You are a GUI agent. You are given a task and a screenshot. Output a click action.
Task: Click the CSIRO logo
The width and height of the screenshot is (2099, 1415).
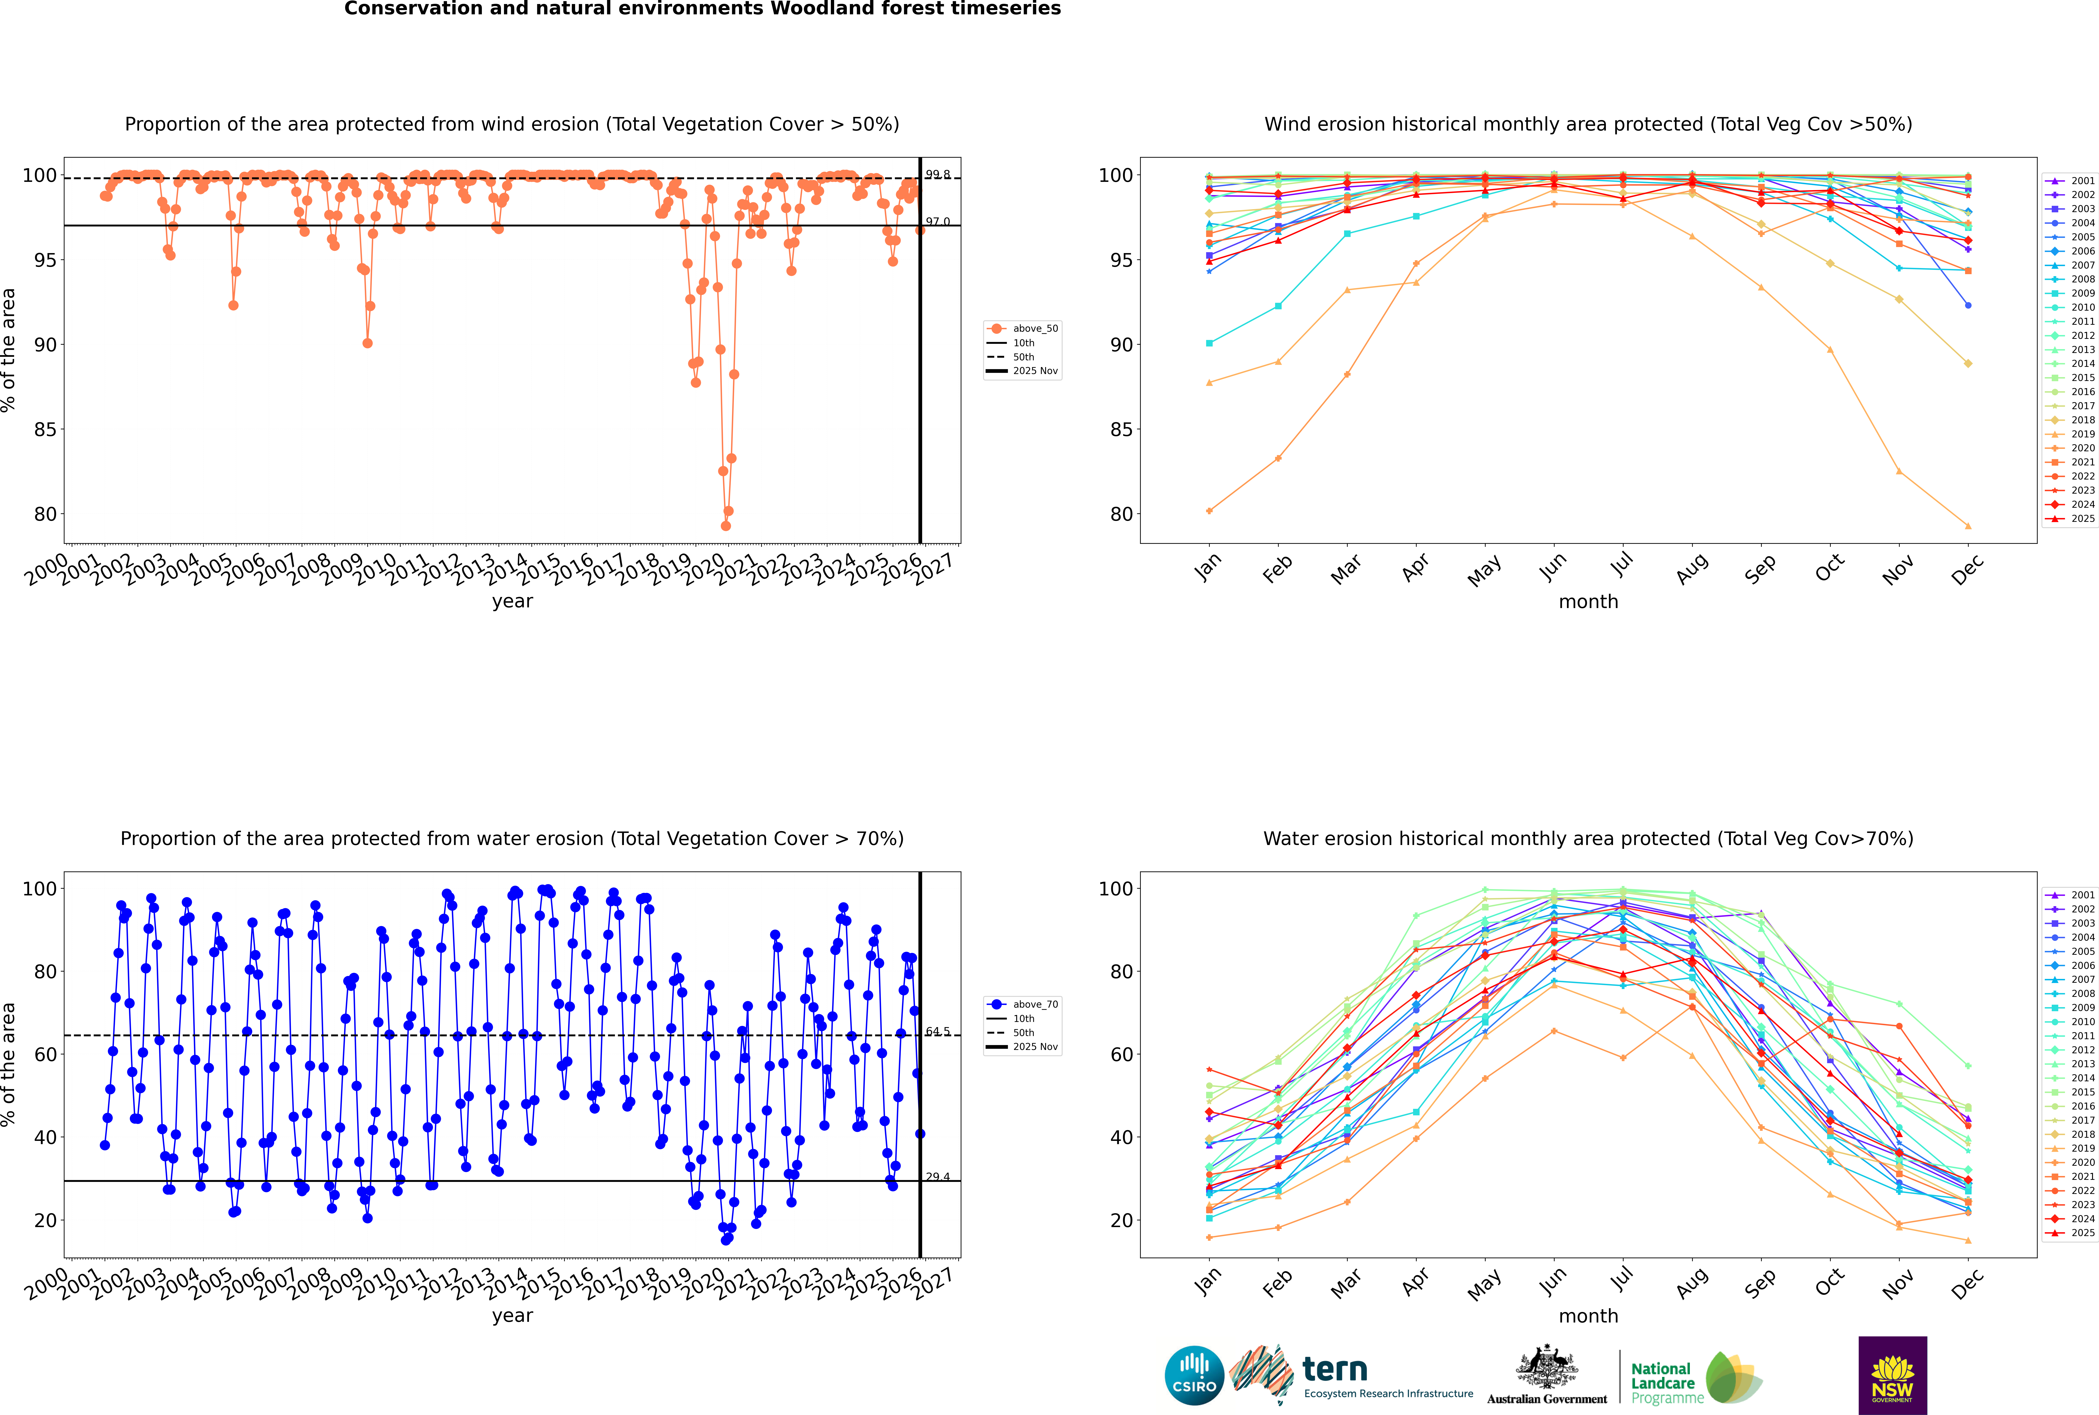click(1194, 1375)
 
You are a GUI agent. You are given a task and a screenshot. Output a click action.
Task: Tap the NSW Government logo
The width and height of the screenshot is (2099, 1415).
click(1892, 1374)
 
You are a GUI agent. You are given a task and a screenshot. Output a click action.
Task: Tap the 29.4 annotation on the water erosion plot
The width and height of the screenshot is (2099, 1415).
click(938, 1177)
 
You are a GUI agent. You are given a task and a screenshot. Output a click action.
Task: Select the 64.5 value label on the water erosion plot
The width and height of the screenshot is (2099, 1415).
click(938, 1032)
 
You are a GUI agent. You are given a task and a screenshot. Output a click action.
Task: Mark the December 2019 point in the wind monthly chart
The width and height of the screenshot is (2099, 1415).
click(1968, 526)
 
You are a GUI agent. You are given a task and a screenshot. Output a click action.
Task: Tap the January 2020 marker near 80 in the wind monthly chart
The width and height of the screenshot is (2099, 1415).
click(1209, 511)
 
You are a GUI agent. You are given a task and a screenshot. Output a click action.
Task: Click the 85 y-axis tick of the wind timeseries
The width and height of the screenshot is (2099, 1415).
click(45, 430)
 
